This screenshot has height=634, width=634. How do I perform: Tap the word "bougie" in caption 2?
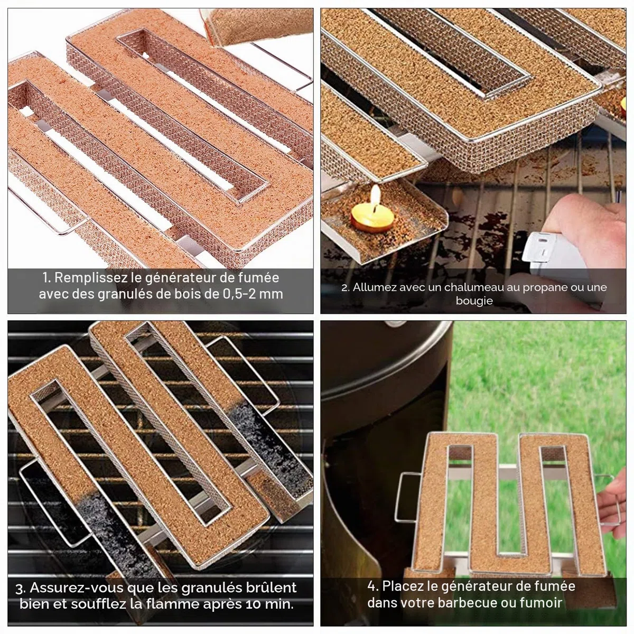click(x=474, y=301)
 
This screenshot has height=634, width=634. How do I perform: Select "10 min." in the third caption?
click(x=269, y=604)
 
